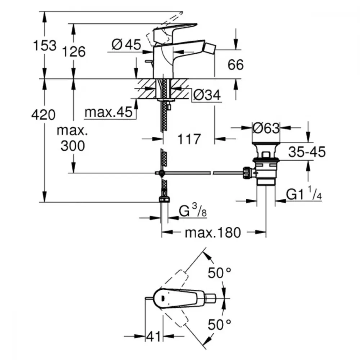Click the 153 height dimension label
coord(45,45)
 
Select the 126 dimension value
coord(74,51)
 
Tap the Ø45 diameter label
coord(126,44)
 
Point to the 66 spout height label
coord(235,64)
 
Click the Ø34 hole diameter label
coord(207,95)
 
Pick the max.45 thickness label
coord(109,112)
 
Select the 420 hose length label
coord(44,114)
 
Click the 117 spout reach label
coord(189,139)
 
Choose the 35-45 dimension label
coord(307,152)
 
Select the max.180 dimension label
coord(213,232)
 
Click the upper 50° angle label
coord(219,273)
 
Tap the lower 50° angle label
coord(219,324)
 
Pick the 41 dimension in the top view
coord(153,337)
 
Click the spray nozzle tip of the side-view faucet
coord(211,48)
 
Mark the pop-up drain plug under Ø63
coord(266,164)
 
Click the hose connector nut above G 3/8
coord(164,199)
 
